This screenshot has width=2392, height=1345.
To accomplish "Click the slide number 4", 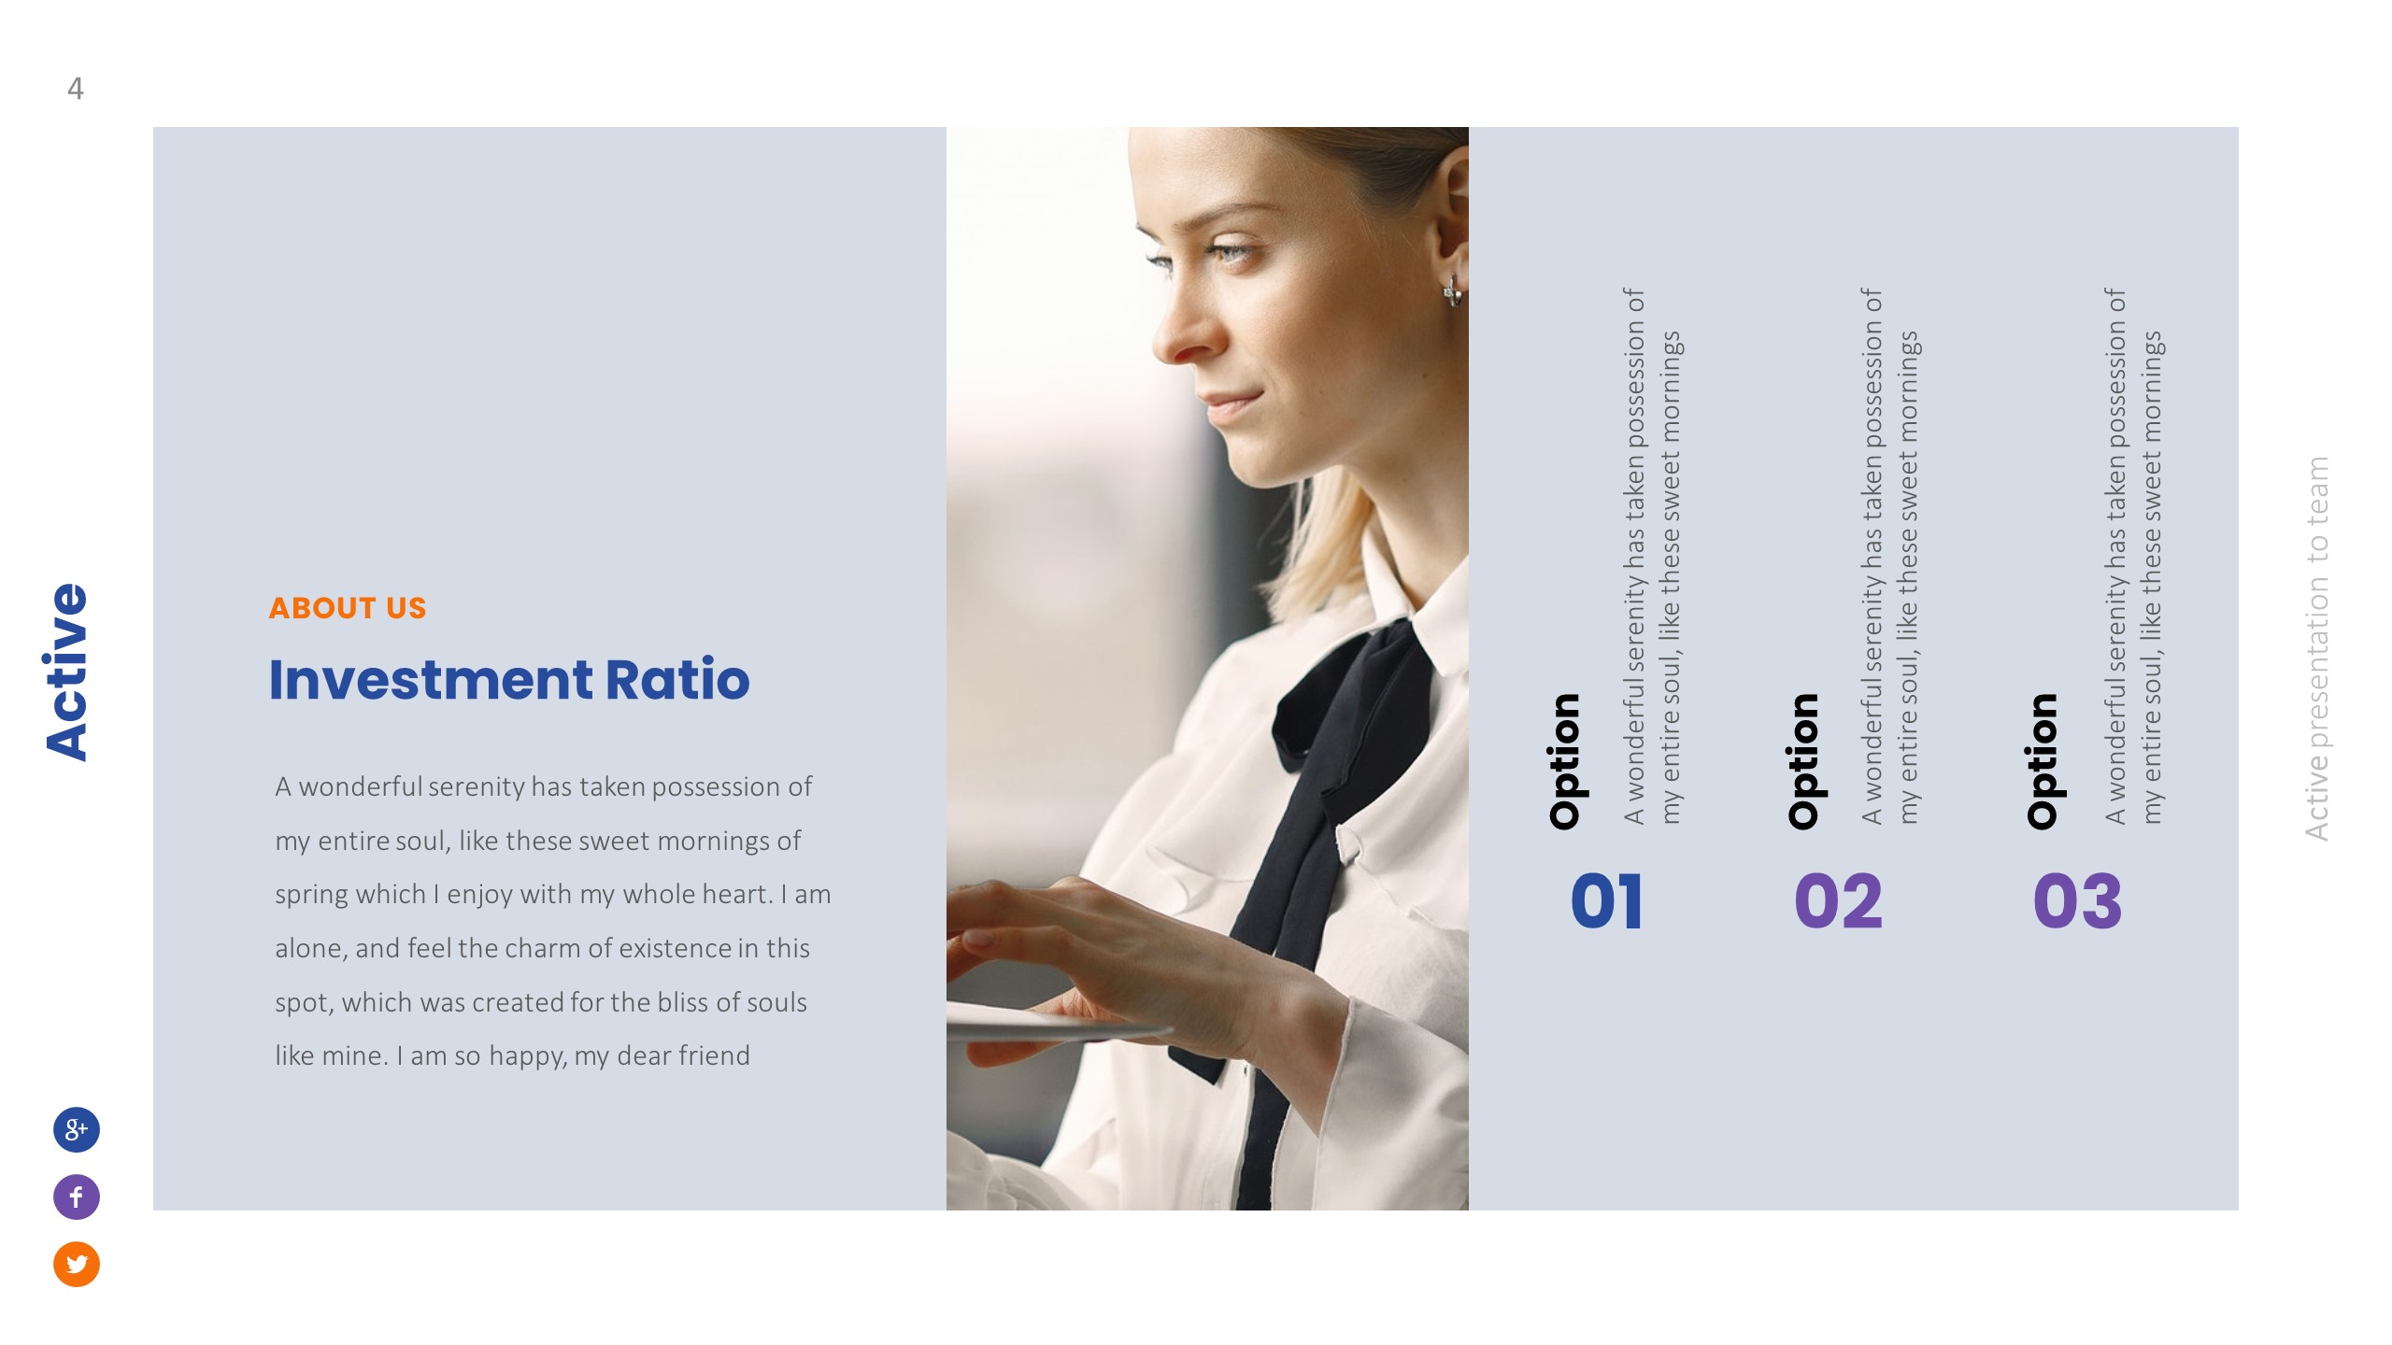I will pos(76,89).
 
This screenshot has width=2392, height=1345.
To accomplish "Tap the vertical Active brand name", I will pos(67,672).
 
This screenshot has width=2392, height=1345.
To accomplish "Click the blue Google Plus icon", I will pos(77,1129).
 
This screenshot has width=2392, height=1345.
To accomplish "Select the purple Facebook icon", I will pos(77,1196).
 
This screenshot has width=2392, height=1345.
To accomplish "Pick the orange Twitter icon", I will pos(77,1264).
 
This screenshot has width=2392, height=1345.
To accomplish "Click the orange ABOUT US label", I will pos(347,608).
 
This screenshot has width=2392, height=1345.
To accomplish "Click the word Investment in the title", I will pos(430,679).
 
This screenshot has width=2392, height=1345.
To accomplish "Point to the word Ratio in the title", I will pos(677,679).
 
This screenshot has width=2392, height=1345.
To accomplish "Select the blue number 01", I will pos(1606,901).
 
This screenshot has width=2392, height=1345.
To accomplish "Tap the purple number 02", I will pos(1838,901).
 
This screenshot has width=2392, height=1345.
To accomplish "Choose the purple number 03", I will pos(2077,901).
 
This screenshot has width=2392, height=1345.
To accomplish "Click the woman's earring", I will pos(1452,290).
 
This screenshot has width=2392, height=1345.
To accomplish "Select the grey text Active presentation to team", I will pos(2316,648).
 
